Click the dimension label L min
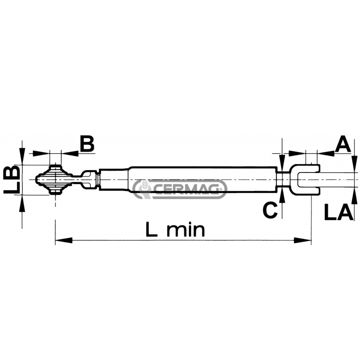pyautogui.click(x=175, y=230)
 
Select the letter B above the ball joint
pyautogui.click(x=87, y=144)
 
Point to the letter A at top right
pyautogui.click(x=343, y=144)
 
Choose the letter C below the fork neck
pyautogui.click(x=270, y=210)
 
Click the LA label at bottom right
pyautogui.click(x=339, y=212)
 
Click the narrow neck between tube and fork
pyautogui.click(x=283, y=180)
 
